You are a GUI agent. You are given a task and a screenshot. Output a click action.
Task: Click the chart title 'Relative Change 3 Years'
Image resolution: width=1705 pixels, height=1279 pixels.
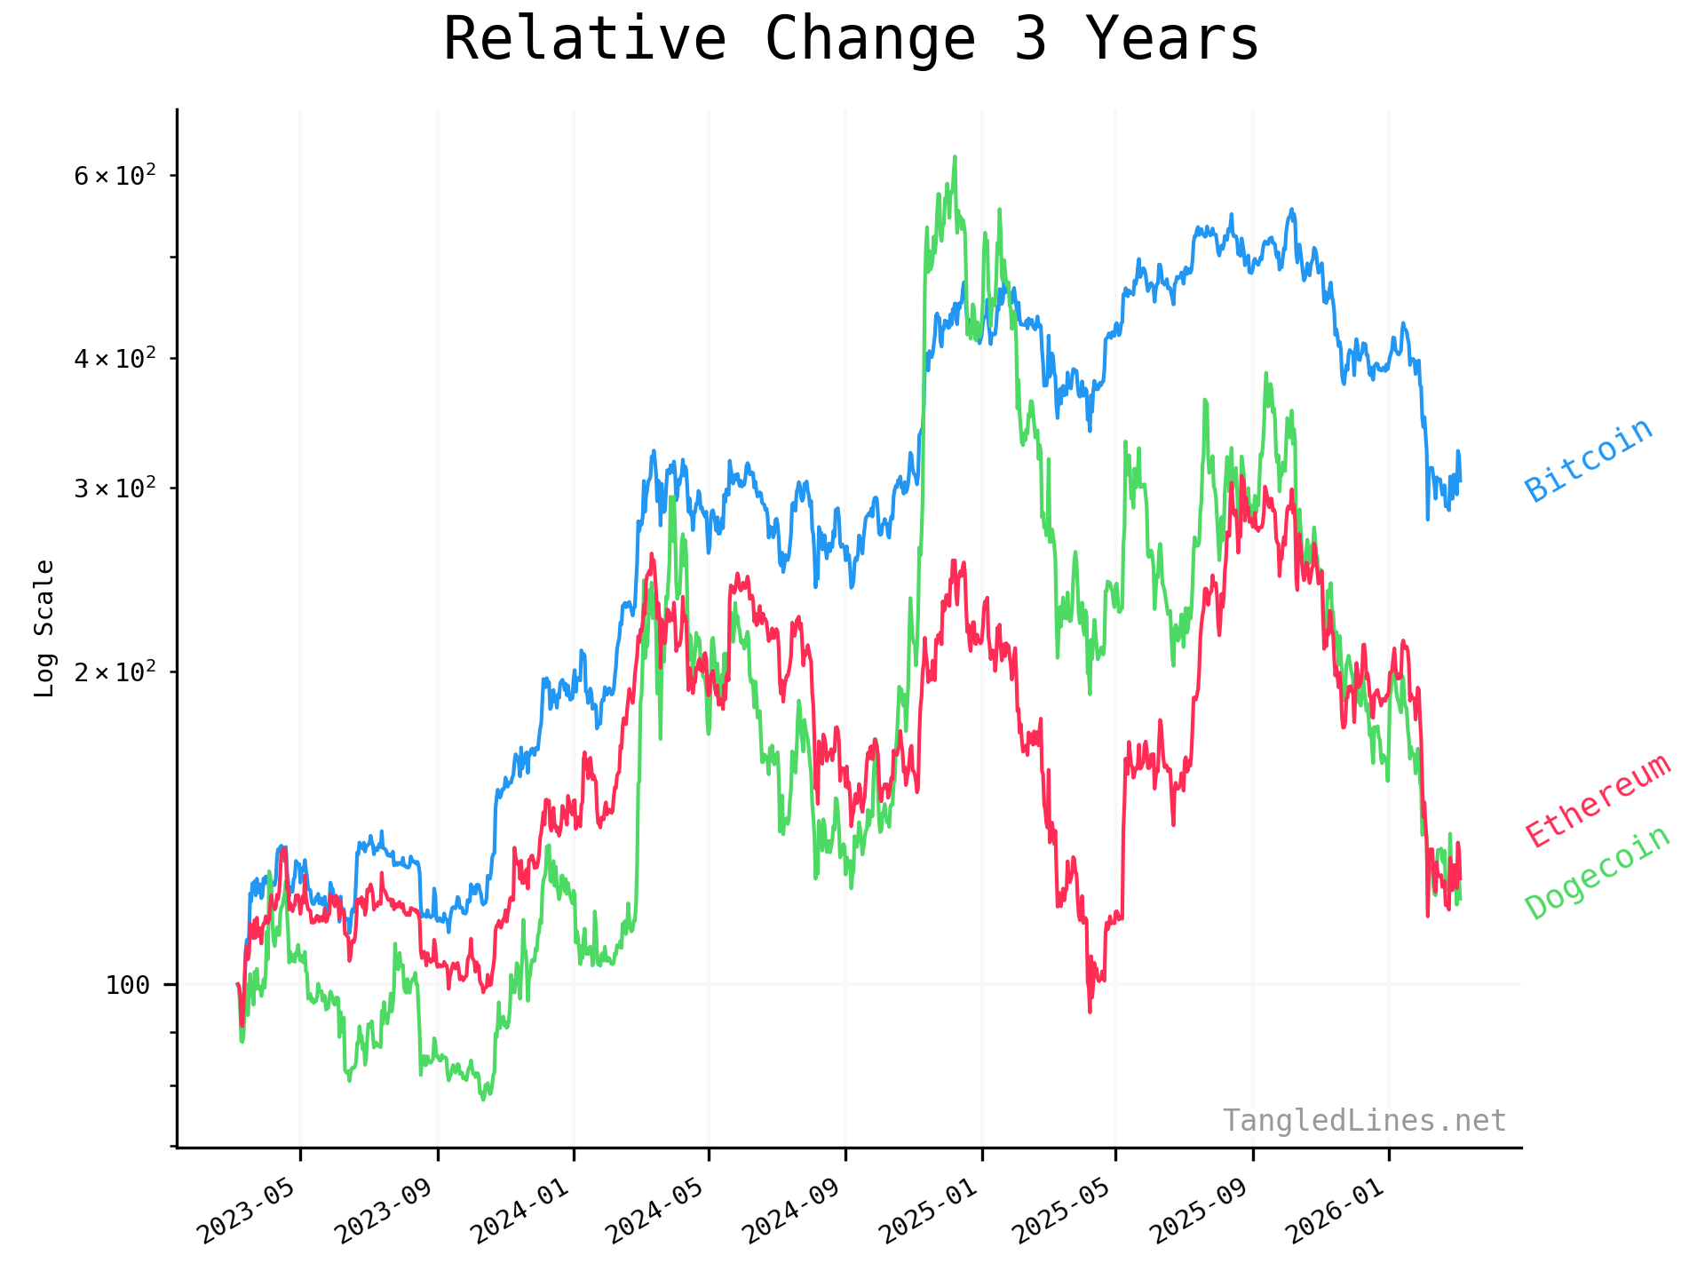coord(851,40)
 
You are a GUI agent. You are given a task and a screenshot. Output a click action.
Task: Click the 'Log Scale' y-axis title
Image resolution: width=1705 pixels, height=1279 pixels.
coord(44,628)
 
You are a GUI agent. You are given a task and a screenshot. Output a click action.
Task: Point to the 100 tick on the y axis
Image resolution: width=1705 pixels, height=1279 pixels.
coord(127,985)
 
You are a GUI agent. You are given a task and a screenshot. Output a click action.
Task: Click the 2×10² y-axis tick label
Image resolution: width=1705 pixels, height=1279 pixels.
coord(115,671)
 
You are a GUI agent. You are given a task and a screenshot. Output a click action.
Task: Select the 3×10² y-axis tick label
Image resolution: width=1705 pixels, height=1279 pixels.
coord(115,489)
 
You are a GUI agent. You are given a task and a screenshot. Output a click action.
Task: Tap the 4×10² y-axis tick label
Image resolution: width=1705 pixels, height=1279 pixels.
coord(115,359)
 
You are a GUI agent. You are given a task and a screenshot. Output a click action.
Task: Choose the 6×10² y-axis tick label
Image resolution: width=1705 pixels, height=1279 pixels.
coord(115,176)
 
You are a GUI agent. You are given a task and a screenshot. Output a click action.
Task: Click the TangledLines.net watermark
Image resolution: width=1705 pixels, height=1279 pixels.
coord(1364,1121)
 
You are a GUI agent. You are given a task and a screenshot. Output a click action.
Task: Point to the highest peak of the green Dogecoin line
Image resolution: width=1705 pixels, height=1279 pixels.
coord(955,157)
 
